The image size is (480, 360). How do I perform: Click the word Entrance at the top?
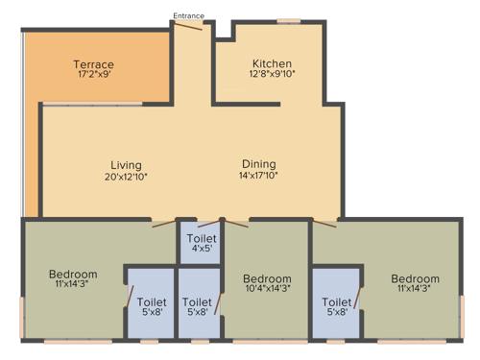pos(188,15)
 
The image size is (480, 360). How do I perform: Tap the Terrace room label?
pos(93,64)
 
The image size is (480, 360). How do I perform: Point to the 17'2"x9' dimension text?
pos(93,75)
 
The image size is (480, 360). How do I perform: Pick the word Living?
pos(126,164)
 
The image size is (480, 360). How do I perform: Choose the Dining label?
pos(259,164)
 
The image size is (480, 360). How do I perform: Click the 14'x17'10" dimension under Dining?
pos(259,176)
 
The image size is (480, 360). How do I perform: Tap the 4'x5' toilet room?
pos(201,242)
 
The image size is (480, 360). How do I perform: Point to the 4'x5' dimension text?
pos(201,248)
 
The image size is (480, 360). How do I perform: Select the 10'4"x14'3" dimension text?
pos(267,288)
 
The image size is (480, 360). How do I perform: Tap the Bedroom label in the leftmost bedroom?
pos(73,274)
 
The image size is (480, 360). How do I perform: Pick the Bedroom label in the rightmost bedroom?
pos(415,279)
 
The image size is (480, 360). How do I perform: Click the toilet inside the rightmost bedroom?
pos(336,305)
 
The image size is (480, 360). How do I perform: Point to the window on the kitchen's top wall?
pos(286,20)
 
